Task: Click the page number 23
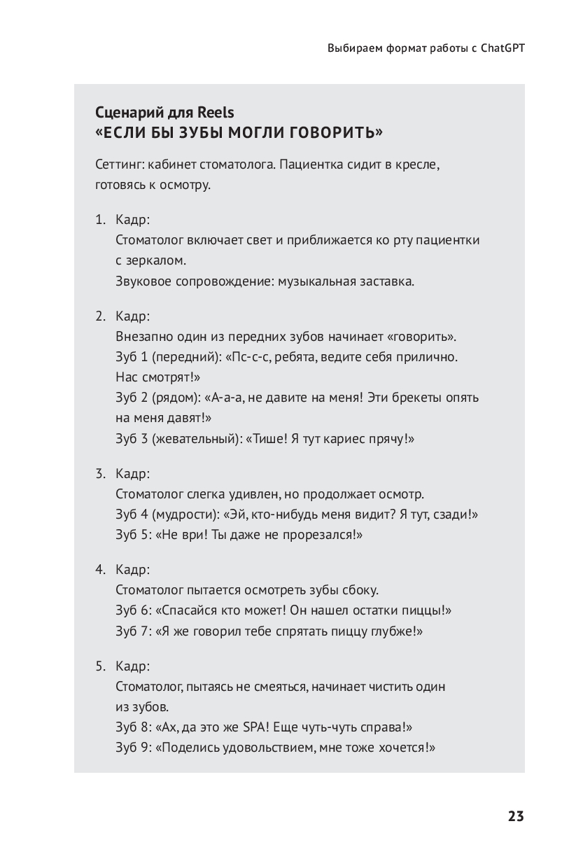pos(515,816)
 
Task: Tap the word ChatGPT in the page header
pos(503,49)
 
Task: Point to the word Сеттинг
pos(119,165)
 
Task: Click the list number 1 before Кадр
pos(99,220)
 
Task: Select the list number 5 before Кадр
pos(99,666)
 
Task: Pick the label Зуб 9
pos(133,747)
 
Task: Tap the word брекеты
pos(408,398)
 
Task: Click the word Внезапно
pos(142,336)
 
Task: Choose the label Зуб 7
pos(133,631)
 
